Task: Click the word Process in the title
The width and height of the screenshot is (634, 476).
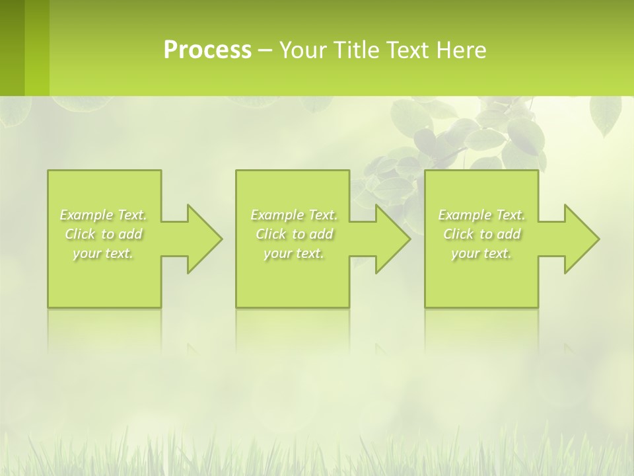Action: pos(207,50)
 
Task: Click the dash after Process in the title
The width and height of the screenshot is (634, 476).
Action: pos(265,51)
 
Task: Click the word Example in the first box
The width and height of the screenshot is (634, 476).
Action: pos(86,215)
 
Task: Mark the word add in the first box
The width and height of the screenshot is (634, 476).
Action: pos(131,234)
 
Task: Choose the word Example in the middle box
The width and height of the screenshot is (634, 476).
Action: pos(277,215)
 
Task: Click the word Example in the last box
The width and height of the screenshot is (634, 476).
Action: pos(464,215)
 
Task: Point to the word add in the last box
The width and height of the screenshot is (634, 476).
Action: pos(509,234)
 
